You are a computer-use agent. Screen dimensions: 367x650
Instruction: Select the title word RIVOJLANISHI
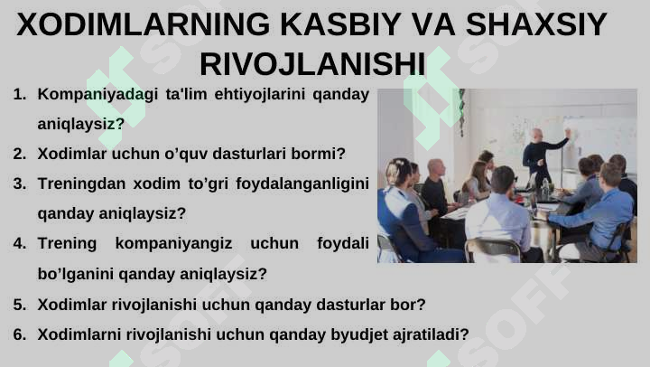click(312, 63)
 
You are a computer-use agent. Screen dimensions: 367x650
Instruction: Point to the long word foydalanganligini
click(302, 183)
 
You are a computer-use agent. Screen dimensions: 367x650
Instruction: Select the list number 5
click(19, 305)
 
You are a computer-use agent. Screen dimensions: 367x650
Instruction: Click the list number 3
click(19, 183)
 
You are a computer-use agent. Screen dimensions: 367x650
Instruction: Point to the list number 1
click(19, 94)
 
